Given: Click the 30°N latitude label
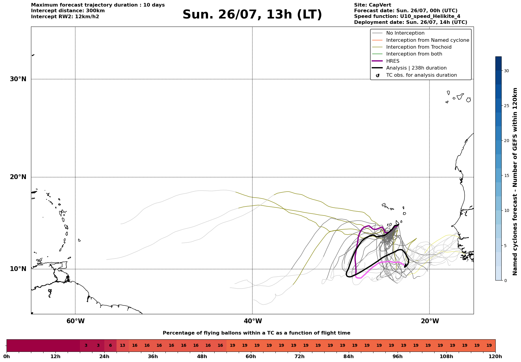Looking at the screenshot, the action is point(18,79).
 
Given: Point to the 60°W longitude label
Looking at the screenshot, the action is point(75,321).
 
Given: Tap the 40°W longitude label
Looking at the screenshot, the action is point(253,321).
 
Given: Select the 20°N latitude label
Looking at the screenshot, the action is point(18,177).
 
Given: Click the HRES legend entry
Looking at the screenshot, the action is point(393,61).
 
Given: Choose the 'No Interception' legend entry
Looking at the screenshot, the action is point(405,33).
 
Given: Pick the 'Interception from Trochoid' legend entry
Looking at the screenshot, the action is point(419,47).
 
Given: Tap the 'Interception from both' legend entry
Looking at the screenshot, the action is point(414,54).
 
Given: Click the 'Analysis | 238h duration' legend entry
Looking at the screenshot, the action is point(416,68).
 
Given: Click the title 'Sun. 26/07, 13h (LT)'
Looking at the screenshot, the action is point(252,15).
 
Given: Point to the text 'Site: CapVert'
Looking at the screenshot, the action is point(373,5).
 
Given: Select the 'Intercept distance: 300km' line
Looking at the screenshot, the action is point(68,11).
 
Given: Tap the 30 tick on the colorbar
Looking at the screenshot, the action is point(506,71).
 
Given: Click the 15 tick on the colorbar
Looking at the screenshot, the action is point(506,175).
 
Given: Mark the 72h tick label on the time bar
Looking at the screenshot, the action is point(300,357).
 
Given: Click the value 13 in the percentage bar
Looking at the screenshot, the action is point(123,346).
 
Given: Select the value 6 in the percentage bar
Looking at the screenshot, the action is point(110,346).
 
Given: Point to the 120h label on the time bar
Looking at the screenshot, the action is point(495,357).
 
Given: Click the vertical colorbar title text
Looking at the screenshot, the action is point(515,181).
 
